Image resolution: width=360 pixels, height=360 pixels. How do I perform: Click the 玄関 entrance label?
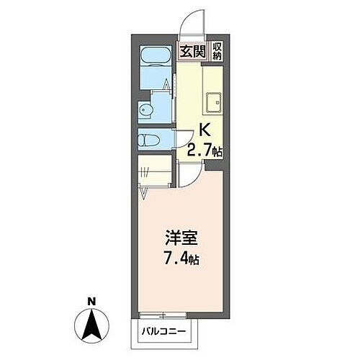192,51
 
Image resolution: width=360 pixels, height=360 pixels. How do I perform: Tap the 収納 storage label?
217,51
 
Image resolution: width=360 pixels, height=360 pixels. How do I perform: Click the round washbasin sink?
145,110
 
